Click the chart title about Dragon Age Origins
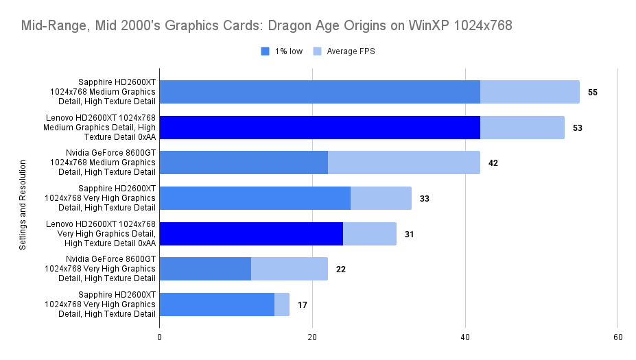[267, 26]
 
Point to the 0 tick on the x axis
[159, 337]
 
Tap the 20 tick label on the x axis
[312, 337]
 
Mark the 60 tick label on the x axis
[617, 337]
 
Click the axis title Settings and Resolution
[23, 205]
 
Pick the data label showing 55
[593, 92]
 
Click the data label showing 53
[578, 128]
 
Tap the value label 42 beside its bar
[493, 163]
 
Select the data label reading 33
[425, 198]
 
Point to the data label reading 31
[409, 234]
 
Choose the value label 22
[340, 269]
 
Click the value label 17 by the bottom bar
[303, 304]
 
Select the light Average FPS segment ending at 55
[530, 92]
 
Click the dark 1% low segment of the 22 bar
[205, 269]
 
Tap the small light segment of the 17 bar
[282, 304]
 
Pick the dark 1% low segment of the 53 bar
[320, 128]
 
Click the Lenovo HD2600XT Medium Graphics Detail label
[99, 128]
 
